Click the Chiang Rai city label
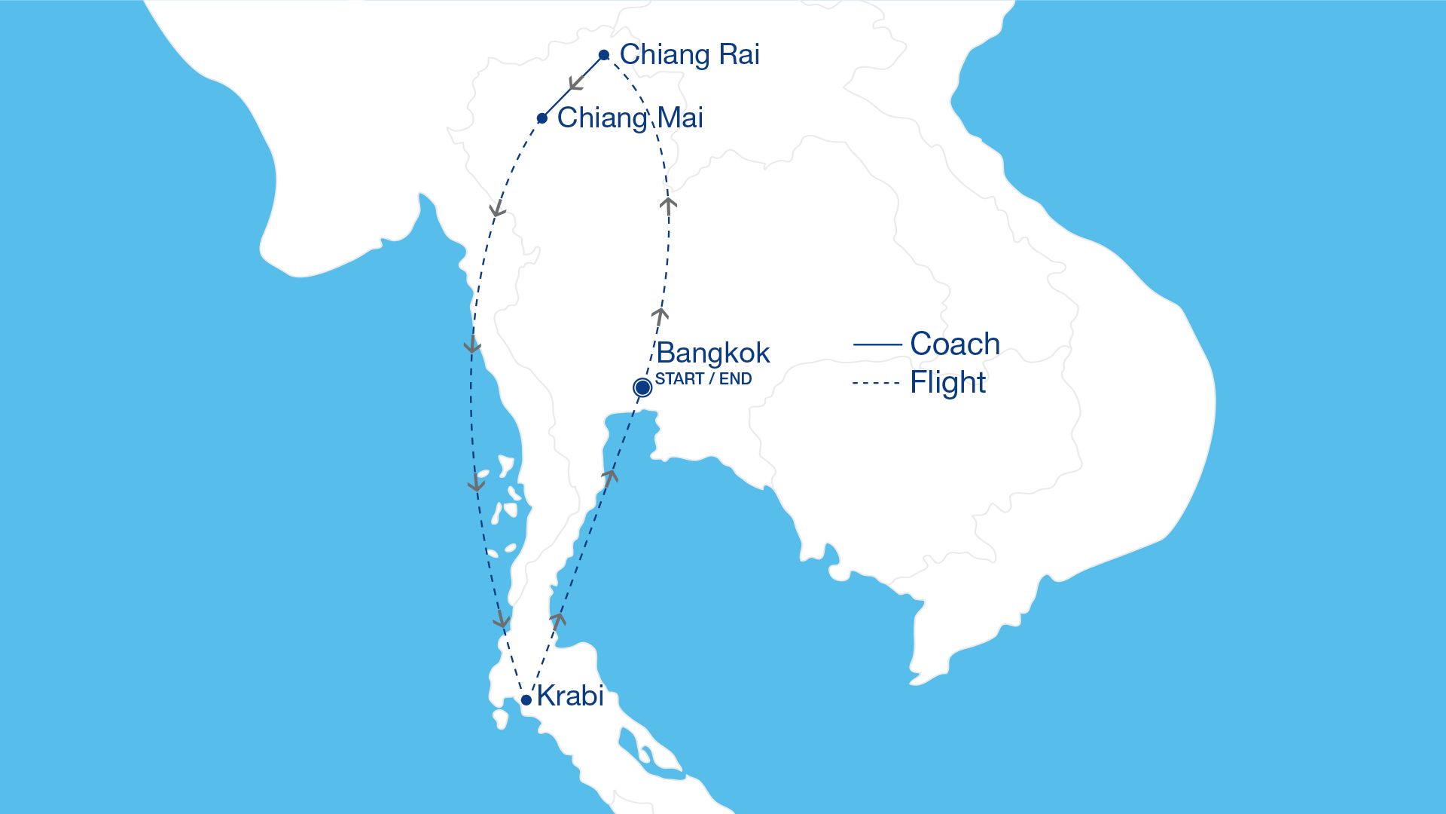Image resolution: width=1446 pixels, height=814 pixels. pos(689,55)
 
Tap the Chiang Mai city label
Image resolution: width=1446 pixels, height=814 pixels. pos(630,118)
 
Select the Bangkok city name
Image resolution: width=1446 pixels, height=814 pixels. pos(712,353)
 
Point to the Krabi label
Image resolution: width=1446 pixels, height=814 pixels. pos(570,696)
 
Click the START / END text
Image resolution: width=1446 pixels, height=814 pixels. pos(703,379)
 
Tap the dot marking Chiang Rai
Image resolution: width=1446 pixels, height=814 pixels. pos(604,55)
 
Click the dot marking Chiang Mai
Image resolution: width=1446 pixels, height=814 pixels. pos(542,118)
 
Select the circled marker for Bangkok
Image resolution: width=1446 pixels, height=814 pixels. pos(642,387)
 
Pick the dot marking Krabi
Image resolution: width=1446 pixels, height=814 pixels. pos(526,700)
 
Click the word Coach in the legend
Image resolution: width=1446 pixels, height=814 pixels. pos(954,344)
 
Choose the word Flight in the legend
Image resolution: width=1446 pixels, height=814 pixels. pos(947,383)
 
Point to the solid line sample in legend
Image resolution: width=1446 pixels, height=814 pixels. pos(877,344)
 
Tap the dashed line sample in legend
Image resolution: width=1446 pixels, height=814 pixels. pos(876,383)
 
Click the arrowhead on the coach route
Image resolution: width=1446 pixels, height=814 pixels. pos(577,82)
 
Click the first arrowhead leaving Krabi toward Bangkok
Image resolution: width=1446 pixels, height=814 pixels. pos(558,620)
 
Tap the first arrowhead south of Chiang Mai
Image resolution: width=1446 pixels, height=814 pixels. pos(497,209)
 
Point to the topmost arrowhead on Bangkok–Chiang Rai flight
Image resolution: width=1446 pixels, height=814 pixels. pos(668,203)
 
